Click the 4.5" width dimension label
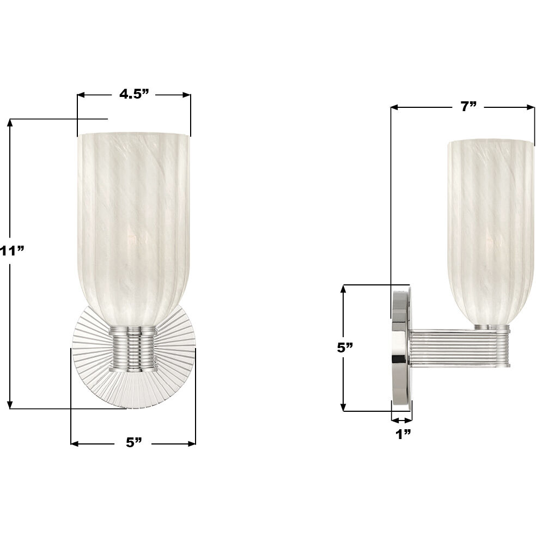(134, 94)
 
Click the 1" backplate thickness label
(403, 434)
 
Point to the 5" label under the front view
(133, 442)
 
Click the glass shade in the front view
(134, 218)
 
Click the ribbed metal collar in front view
(133, 349)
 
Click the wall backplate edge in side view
(401, 349)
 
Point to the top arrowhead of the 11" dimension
(10, 123)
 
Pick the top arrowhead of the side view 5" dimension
(343, 288)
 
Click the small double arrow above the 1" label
(401, 419)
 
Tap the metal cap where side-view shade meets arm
(491, 327)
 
